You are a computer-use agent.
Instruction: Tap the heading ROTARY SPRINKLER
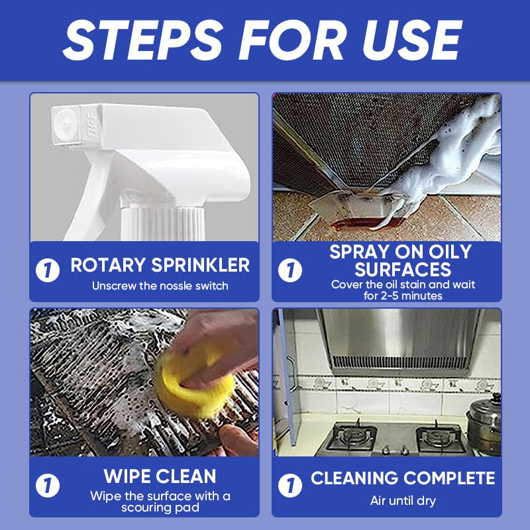click(x=160, y=266)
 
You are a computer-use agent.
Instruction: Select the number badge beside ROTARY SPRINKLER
click(x=48, y=271)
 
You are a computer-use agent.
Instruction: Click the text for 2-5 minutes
click(x=403, y=295)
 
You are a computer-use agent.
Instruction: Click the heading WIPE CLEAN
click(x=160, y=476)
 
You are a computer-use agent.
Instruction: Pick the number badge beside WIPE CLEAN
click(x=48, y=486)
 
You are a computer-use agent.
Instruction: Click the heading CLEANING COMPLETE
click(x=403, y=478)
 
